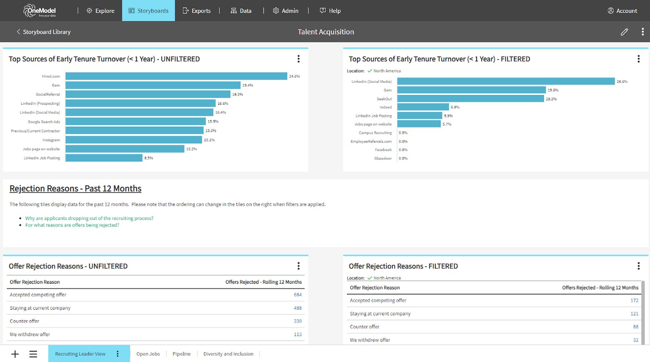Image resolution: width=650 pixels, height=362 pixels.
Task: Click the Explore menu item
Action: pyautogui.click(x=100, y=11)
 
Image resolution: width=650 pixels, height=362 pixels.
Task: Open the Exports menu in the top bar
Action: pyautogui.click(x=197, y=11)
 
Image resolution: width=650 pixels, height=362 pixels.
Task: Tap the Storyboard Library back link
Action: pyautogui.click(x=43, y=32)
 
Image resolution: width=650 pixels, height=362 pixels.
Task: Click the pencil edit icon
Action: pyautogui.click(x=624, y=32)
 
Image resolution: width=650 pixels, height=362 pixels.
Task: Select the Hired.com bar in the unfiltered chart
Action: pyautogui.click(x=176, y=76)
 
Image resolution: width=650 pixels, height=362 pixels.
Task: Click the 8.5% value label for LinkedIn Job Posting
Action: pyautogui.click(x=149, y=158)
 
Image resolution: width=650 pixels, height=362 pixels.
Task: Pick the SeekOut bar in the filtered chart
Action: pyautogui.click(x=470, y=99)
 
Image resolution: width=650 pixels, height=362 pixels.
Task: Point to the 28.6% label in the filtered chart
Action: pyautogui.click(x=622, y=82)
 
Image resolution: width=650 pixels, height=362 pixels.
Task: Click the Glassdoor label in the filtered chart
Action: pyautogui.click(x=383, y=159)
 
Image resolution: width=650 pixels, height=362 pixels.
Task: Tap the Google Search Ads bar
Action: pyautogui.click(x=135, y=122)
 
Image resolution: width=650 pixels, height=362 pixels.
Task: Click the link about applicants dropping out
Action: pyautogui.click(x=89, y=218)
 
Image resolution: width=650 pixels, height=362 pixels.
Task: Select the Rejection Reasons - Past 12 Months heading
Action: pyautogui.click(x=75, y=189)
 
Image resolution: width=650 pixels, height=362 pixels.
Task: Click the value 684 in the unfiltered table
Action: pyautogui.click(x=297, y=295)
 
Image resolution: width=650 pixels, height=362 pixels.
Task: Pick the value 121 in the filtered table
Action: pyautogui.click(x=634, y=314)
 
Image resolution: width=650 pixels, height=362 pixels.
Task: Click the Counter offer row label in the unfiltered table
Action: pyautogui.click(x=25, y=321)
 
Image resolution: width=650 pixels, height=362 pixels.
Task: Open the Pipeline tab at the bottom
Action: pyautogui.click(x=182, y=354)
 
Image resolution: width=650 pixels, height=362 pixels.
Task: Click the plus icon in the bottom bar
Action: pyautogui.click(x=15, y=354)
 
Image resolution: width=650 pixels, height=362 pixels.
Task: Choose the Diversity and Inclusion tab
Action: pyautogui.click(x=228, y=354)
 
